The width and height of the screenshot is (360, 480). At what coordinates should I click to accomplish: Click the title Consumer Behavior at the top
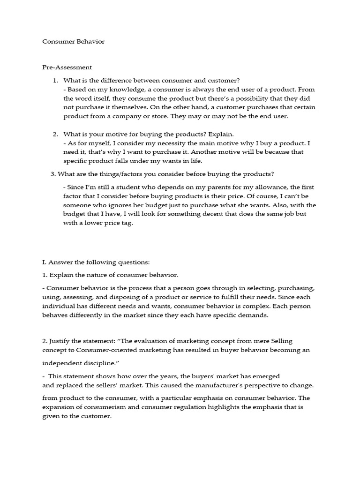click(x=74, y=42)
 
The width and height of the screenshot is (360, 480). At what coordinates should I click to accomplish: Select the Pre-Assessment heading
click(x=67, y=67)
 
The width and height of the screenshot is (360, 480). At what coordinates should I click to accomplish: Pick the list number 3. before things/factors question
click(x=53, y=174)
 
